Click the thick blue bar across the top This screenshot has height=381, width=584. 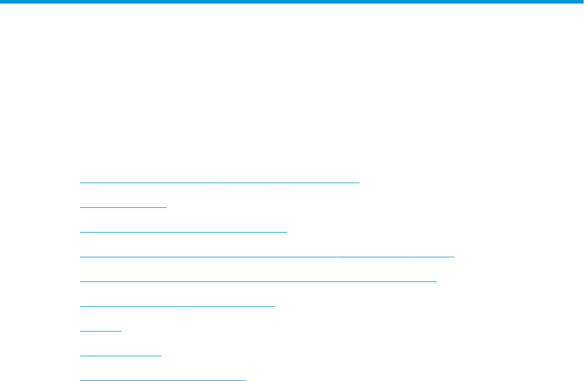(292, 2)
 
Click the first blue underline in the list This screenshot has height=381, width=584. (219, 183)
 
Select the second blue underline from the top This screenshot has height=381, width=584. (123, 207)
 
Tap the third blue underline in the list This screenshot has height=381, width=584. (183, 232)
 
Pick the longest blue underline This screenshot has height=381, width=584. (267, 257)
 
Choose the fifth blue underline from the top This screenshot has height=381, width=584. (258, 281)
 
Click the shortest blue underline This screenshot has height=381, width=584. (101, 331)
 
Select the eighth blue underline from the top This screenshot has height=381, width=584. (120, 356)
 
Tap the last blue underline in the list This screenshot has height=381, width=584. (162, 380)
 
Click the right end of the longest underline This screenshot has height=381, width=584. (453, 257)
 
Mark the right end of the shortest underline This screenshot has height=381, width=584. (121, 331)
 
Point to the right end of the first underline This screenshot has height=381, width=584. (359, 183)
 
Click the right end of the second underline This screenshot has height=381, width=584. (167, 207)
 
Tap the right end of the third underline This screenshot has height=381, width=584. (287, 232)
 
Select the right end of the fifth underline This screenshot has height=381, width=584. (436, 281)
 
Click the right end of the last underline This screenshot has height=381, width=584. (245, 380)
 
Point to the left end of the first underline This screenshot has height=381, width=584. (81, 183)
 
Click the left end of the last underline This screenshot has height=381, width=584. (81, 380)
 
